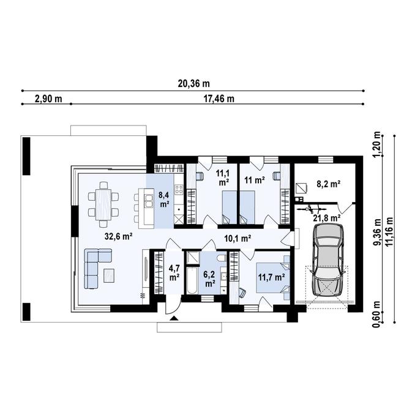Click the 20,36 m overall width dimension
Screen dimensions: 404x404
click(x=193, y=84)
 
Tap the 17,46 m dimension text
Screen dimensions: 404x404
click(x=217, y=99)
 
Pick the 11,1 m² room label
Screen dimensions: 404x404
click(x=223, y=178)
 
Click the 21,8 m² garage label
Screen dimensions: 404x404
click(x=327, y=217)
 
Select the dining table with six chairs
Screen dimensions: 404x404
click(x=103, y=203)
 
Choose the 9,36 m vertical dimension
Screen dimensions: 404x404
click(x=378, y=233)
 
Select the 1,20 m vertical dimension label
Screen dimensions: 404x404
click(x=378, y=145)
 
